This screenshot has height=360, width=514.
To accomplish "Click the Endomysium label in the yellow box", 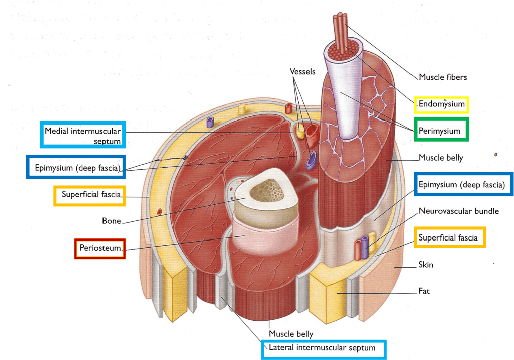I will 441,105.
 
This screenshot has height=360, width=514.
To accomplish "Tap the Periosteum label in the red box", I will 99,248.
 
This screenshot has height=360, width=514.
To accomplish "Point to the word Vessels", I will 302,72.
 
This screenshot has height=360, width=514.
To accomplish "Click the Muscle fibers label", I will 443,77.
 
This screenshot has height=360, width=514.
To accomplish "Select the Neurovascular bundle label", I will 459,211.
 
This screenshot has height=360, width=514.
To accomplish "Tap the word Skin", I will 426,264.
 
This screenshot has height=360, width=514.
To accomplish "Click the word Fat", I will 424,291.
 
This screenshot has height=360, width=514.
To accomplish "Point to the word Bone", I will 111,220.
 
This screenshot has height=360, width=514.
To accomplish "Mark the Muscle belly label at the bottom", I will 291,334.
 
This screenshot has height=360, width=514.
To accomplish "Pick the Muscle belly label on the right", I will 440,158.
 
